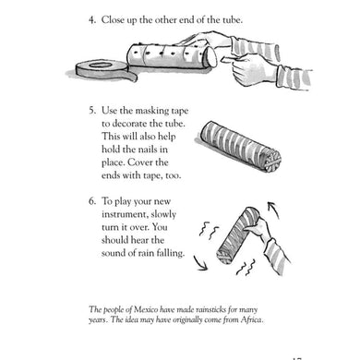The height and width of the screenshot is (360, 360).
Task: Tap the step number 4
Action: pos(91,20)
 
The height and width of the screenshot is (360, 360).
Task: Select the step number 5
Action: pos(91,111)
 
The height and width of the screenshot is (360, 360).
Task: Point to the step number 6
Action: pos(91,201)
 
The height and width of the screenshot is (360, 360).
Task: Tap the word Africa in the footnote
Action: pos(251,319)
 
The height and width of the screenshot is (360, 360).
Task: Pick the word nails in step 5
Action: pos(150,150)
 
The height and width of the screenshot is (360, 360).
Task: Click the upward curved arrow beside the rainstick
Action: pos(273,210)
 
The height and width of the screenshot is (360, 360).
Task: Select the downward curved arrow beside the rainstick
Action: pos(200,263)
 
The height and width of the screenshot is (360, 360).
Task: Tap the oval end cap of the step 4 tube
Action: pos(212,57)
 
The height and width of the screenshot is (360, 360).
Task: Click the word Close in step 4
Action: pos(111,20)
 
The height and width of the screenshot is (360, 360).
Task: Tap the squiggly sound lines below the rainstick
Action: pos(246,268)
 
